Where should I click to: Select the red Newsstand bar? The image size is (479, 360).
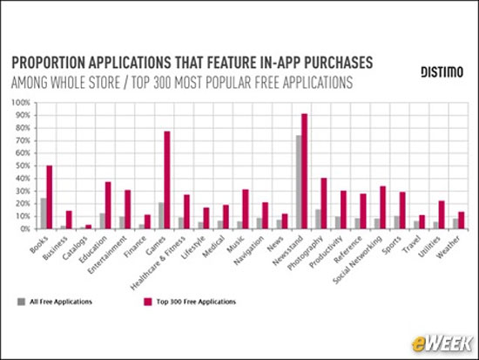304,172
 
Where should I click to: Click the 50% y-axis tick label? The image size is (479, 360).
22,166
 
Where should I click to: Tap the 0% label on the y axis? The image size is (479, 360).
24,229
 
